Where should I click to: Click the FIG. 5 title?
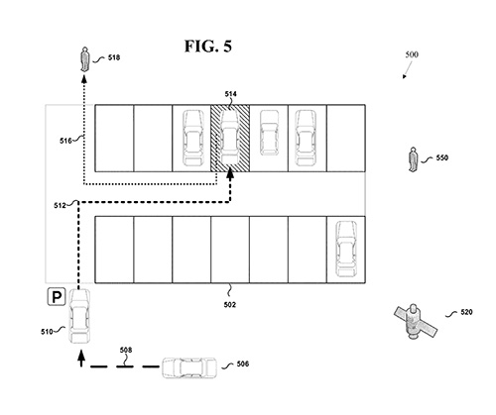(208, 47)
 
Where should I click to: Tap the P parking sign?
(57, 296)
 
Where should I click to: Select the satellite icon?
(416, 321)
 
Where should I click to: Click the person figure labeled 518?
(85, 59)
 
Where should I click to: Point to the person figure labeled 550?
(413, 159)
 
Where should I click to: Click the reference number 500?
(412, 54)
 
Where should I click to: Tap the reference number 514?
(230, 94)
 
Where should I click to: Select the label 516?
(65, 141)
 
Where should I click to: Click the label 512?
(60, 206)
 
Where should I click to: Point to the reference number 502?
(230, 304)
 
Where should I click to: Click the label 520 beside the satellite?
(466, 312)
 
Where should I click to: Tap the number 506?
(243, 363)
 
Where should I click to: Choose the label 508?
(126, 350)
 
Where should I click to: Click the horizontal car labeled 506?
(189, 367)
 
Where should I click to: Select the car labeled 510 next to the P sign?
(79, 316)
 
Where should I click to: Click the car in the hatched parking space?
(230, 138)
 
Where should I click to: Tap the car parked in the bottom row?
(346, 249)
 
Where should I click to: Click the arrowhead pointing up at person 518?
(84, 78)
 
